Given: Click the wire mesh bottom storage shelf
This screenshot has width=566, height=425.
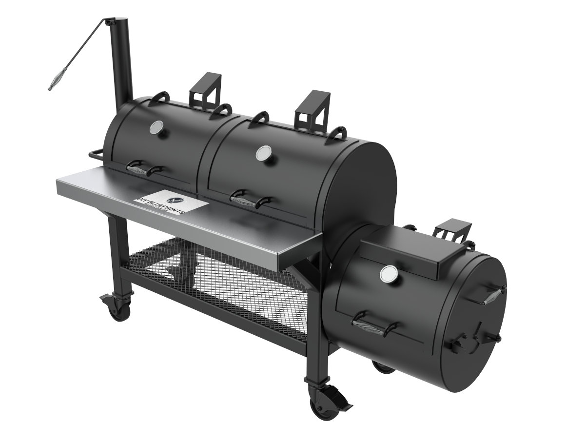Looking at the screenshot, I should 219,278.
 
